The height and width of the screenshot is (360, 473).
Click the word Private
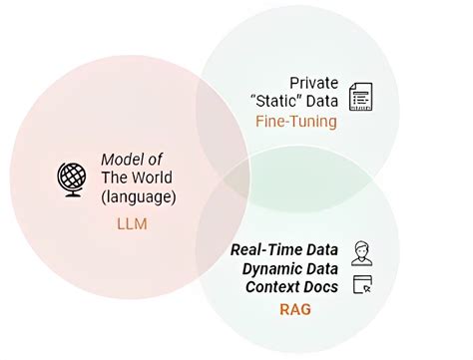click(x=313, y=83)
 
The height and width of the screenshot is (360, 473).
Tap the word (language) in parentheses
click(x=139, y=196)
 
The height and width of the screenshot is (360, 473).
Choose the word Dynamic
click(x=274, y=268)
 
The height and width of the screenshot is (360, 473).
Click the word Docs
click(x=320, y=287)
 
